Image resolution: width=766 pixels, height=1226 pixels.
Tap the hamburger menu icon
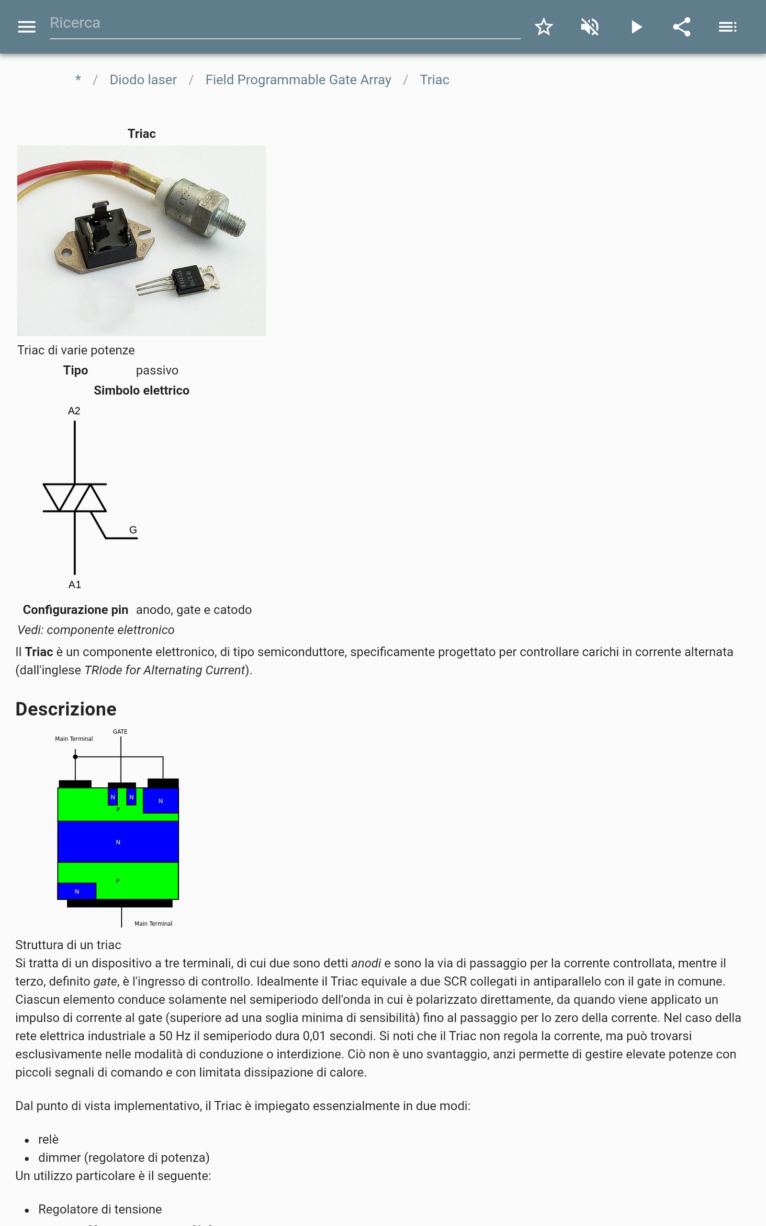pyautogui.click(x=26, y=27)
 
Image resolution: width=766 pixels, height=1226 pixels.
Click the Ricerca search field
pyautogui.click(x=284, y=24)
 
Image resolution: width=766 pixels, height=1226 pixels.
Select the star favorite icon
pyautogui.click(x=543, y=27)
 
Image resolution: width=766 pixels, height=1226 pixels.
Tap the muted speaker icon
pyautogui.click(x=590, y=27)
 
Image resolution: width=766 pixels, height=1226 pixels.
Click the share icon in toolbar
pyautogui.click(x=681, y=27)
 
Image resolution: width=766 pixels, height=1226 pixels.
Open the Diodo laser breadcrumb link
pyautogui.click(x=143, y=80)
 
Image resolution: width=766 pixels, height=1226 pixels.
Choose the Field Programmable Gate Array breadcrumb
pyautogui.click(x=298, y=80)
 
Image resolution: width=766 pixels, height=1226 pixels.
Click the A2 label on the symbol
pyautogui.click(x=74, y=411)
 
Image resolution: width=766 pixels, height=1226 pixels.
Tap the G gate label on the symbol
pyautogui.click(x=133, y=530)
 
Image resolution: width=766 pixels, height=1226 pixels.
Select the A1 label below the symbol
pyautogui.click(x=75, y=585)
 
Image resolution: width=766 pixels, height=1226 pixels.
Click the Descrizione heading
pyautogui.click(x=66, y=709)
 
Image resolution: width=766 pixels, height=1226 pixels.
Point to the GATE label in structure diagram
pyautogui.click(x=120, y=732)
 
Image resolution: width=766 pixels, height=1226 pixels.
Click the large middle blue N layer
pyautogui.click(x=118, y=841)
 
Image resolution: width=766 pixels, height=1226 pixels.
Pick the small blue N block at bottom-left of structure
pyautogui.click(x=77, y=891)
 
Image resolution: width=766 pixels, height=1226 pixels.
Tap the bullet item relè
pyautogui.click(x=48, y=1139)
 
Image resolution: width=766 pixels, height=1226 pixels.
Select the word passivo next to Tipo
pyautogui.click(x=157, y=370)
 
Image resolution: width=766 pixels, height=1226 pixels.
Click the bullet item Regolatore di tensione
pyautogui.click(x=100, y=1209)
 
